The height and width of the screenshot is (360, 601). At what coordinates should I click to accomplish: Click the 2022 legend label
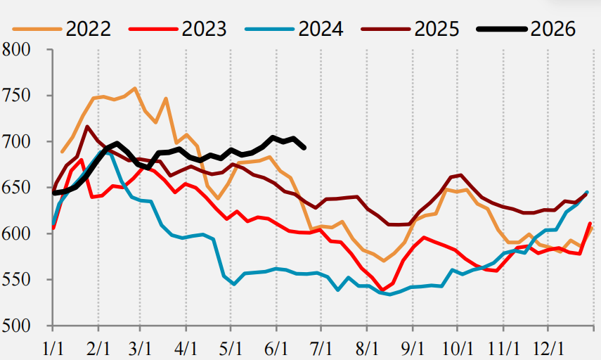89,29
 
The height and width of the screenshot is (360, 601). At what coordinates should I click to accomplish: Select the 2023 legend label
205,29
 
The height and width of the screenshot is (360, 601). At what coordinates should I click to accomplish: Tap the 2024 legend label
321,29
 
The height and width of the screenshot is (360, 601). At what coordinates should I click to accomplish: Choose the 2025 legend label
437,29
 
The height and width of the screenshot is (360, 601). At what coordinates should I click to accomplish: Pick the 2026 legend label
553,29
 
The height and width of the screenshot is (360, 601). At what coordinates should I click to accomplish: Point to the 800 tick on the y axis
15,50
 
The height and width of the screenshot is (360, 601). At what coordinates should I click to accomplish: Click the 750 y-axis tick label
15,96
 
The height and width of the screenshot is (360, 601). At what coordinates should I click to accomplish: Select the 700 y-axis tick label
15,142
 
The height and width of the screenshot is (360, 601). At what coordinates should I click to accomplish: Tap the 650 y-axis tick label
15,188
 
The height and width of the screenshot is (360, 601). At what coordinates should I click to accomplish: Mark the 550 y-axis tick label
15,279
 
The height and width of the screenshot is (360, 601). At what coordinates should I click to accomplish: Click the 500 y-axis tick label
15,326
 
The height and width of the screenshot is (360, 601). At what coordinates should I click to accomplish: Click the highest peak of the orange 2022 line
135,89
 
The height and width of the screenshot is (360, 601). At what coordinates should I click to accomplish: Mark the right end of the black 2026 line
304,148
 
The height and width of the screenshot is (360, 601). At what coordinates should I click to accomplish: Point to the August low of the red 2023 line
382,290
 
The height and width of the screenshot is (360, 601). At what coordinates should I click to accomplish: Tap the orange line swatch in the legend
37,29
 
